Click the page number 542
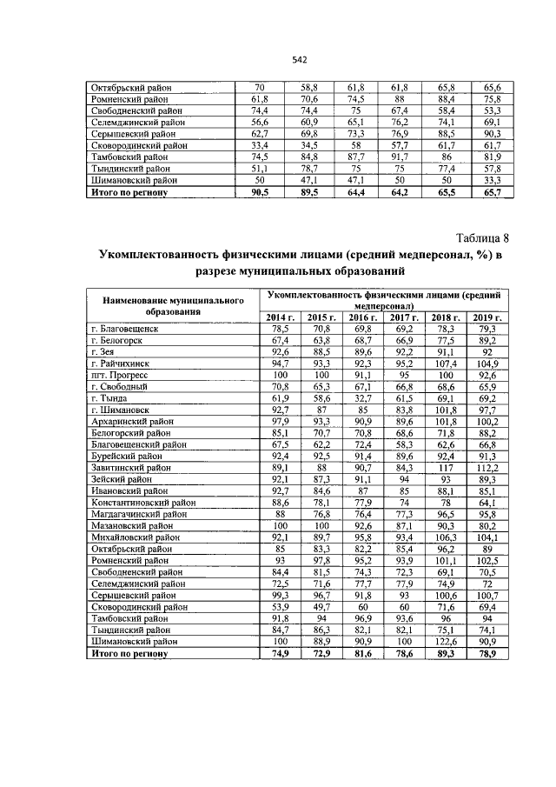(300, 60)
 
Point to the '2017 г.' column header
(403, 317)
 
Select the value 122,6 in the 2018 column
(445, 640)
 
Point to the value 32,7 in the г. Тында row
(362, 398)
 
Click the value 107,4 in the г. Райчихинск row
(445, 363)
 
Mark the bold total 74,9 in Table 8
(279, 652)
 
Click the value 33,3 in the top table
(492, 179)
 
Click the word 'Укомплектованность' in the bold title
(165, 255)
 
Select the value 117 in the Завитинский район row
(445, 467)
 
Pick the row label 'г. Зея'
(105, 352)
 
